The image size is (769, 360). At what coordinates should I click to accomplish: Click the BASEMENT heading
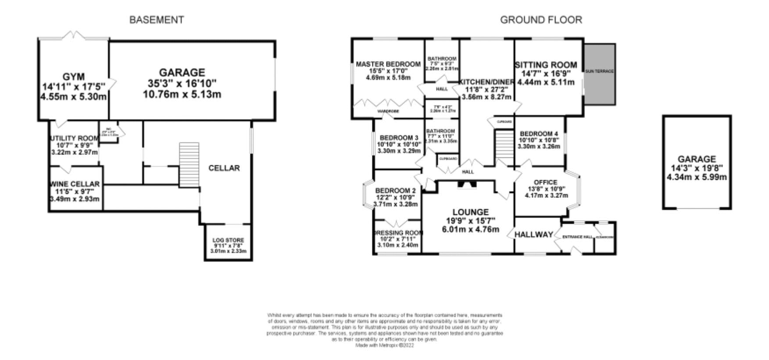156,20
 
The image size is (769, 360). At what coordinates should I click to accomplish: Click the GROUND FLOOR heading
541,20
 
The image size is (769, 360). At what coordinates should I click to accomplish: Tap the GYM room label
73,77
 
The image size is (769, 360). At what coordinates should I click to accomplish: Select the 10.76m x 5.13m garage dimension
182,95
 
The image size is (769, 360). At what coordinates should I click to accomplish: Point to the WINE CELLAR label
75,184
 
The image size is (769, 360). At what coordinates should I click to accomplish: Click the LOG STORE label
228,240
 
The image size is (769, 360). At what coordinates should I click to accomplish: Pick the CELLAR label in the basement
224,168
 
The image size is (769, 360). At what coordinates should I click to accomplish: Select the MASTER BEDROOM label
388,64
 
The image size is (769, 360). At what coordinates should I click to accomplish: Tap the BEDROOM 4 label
539,134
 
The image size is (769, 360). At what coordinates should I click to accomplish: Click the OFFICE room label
545,182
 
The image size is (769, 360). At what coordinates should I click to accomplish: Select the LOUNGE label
470,212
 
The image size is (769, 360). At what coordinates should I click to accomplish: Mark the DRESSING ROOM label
398,233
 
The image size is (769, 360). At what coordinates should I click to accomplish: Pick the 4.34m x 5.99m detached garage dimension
696,177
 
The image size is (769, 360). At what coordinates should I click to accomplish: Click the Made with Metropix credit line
384,346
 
